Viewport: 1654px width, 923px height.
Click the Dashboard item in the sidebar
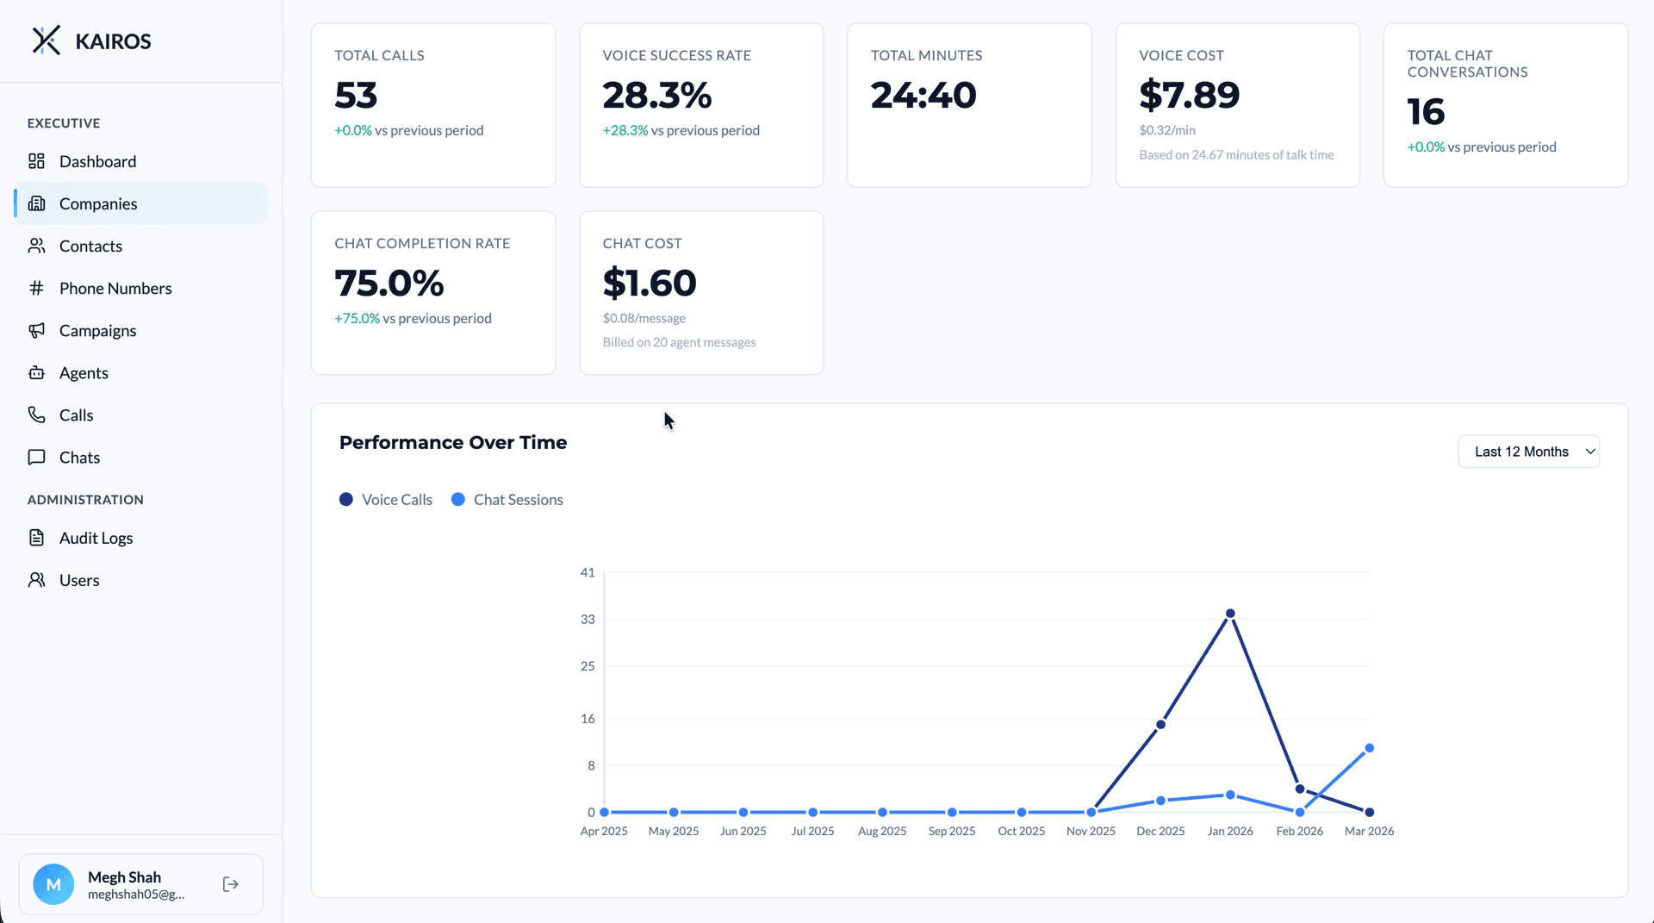pyautogui.click(x=97, y=161)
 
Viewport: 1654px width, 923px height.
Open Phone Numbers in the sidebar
pyautogui.click(x=115, y=288)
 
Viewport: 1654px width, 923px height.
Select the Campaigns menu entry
pyautogui.click(x=97, y=330)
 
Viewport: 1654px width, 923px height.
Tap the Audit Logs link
pyautogui.click(x=96, y=538)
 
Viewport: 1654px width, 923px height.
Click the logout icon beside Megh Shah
pyautogui.click(x=230, y=884)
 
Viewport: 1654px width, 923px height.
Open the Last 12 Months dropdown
pyautogui.click(x=1528, y=452)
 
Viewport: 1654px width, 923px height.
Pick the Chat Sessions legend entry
pyautogui.click(x=507, y=500)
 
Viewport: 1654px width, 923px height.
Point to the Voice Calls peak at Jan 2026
pyautogui.click(x=1230, y=614)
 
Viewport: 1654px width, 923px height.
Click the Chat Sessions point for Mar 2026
pyautogui.click(x=1369, y=748)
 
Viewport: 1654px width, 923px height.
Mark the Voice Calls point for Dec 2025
pyautogui.click(x=1160, y=724)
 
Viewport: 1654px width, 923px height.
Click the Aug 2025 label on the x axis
pyautogui.click(x=882, y=831)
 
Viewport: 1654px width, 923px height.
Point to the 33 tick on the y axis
pyautogui.click(x=588, y=619)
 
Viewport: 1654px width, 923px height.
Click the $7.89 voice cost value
pyautogui.click(x=1189, y=95)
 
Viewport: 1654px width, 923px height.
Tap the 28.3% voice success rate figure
pyautogui.click(x=656, y=95)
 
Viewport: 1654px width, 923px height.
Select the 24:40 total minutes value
pyautogui.click(x=923, y=95)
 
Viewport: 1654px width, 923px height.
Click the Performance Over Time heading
pyautogui.click(x=453, y=442)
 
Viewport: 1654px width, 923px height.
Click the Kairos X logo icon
pyautogui.click(x=47, y=41)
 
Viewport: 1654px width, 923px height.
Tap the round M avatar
pyautogui.click(x=53, y=884)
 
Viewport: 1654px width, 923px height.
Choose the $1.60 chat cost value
pyautogui.click(x=650, y=283)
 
